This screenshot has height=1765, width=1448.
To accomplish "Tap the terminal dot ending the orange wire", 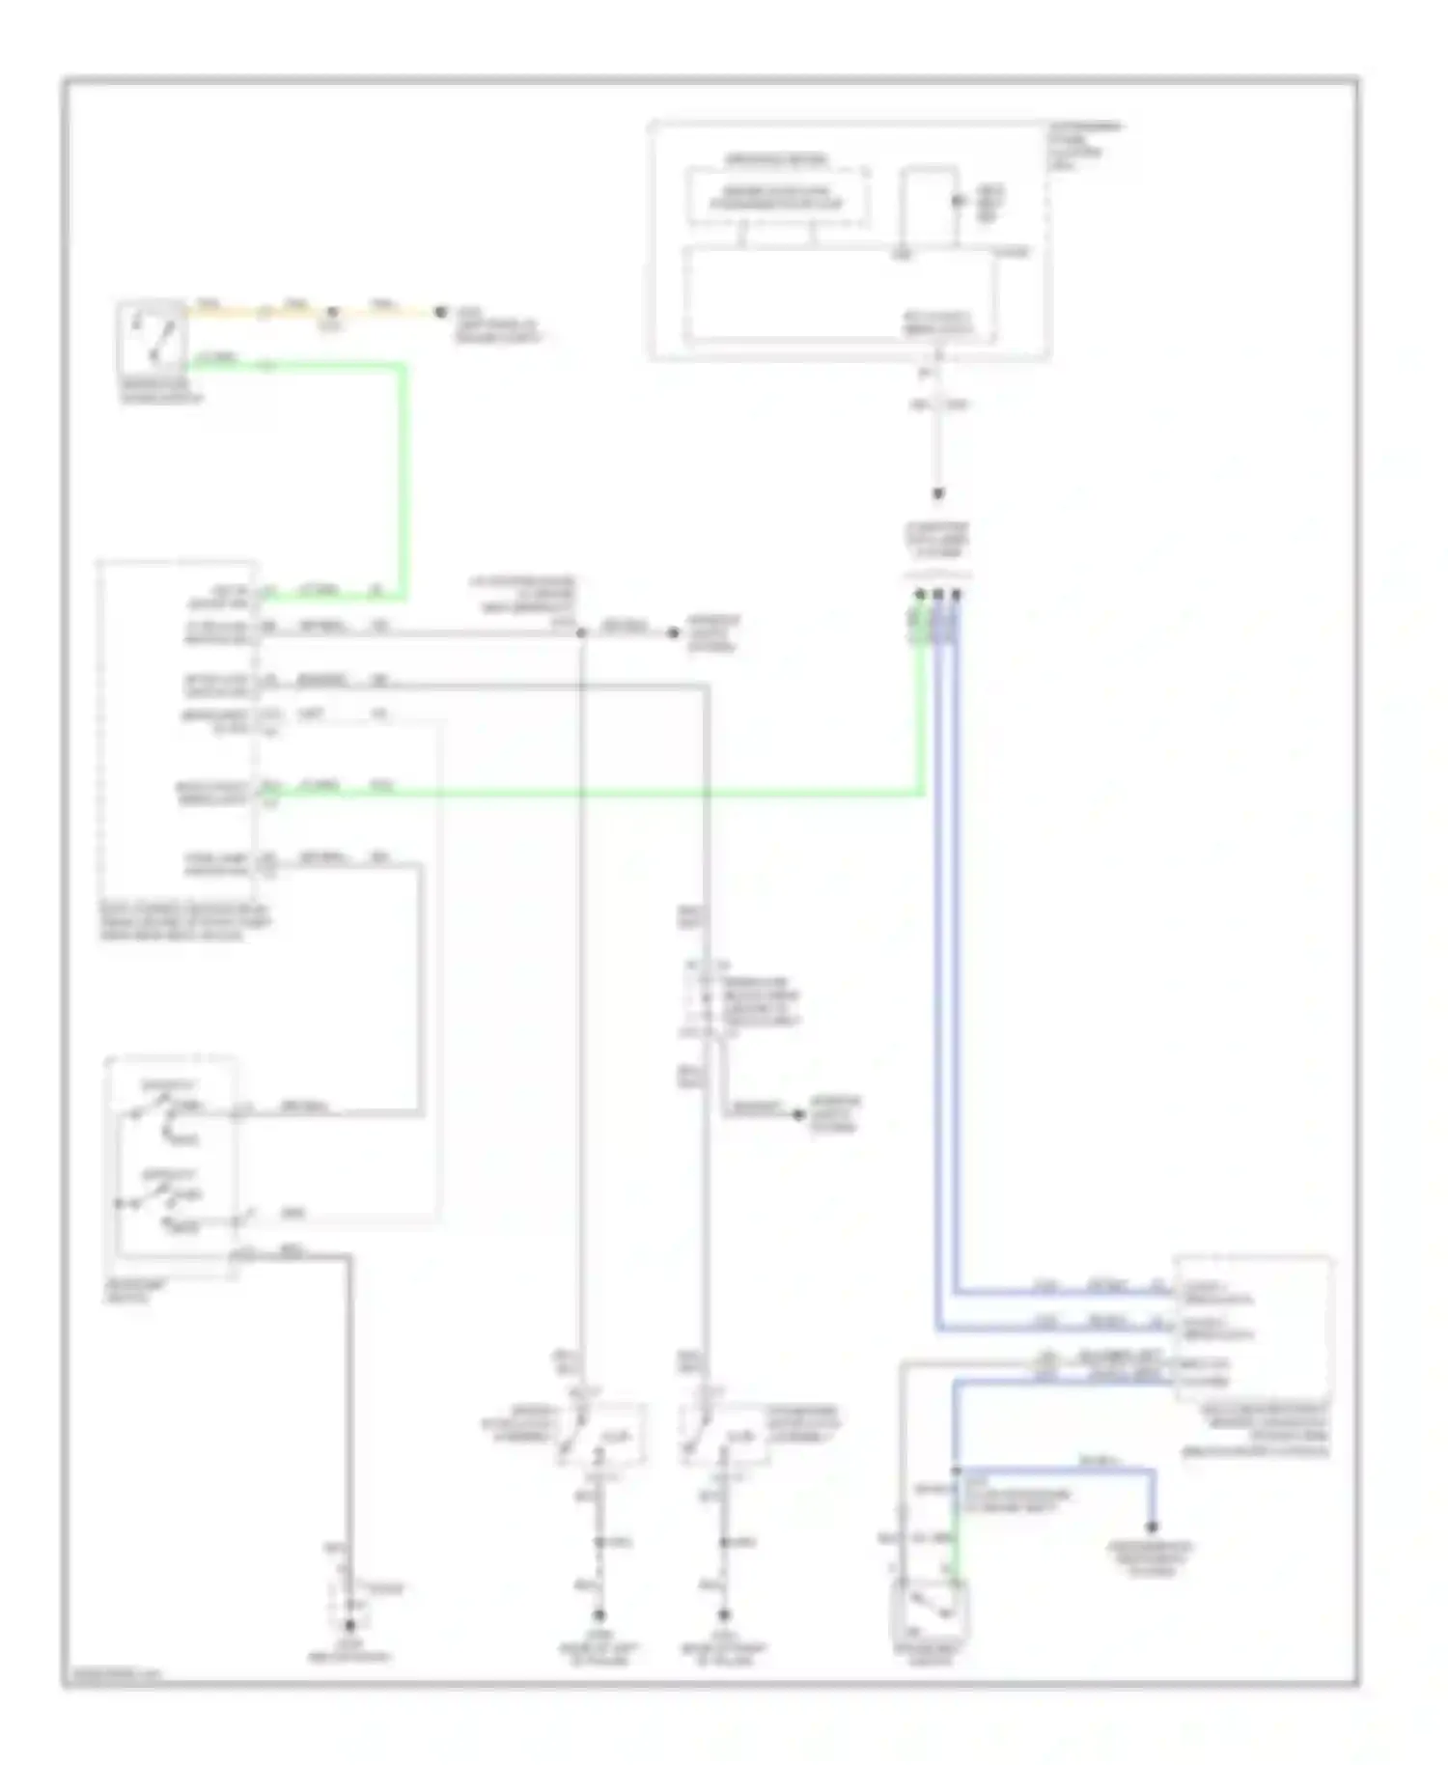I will click(x=440, y=312).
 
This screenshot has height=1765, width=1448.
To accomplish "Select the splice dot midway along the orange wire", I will click(x=332, y=312).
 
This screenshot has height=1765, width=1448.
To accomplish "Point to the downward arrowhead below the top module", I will click(x=937, y=494).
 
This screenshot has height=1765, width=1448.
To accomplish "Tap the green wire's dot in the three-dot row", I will click(x=919, y=595).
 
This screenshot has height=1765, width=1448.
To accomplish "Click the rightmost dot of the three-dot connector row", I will click(x=956, y=595).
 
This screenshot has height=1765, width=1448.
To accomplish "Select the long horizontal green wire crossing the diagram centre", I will click(x=627, y=794).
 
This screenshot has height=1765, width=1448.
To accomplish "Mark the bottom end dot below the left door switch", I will click(x=599, y=1614).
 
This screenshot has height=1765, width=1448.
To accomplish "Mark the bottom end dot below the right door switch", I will click(x=724, y=1614).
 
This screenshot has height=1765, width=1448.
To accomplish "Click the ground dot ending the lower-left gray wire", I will click(x=350, y=1626).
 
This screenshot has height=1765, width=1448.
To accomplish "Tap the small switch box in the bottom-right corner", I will click(x=930, y=1611).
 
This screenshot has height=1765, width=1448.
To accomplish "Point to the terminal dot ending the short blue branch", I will click(x=1151, y=1527).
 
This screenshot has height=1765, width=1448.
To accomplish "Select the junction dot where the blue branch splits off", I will click(x=956, y=1471).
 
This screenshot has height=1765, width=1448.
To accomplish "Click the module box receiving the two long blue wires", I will click(x=1253, y=1329).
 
